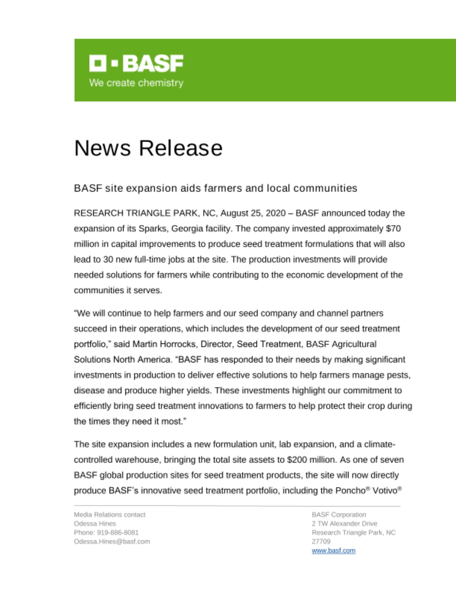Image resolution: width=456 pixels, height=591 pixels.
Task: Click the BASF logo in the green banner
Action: (x=136, y=63)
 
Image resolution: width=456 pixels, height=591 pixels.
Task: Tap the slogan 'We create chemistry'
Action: (x=136, y=83)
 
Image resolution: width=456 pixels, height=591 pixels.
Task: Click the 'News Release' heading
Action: (x=148, y=148)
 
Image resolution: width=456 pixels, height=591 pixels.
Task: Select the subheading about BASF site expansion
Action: (x=215, y=188)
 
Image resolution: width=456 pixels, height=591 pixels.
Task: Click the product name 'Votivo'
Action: (x=385, y=491)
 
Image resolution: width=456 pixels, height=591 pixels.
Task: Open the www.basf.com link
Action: (x=334, y=551)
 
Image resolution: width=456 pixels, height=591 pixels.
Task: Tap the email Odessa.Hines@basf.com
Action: (x=112, y=541)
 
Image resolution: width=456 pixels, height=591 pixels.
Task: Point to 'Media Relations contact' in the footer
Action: (x=109, y=514)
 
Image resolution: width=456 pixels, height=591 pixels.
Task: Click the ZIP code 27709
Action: (x=321, y=541)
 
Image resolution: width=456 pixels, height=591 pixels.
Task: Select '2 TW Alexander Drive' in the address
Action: (x=344, y=523)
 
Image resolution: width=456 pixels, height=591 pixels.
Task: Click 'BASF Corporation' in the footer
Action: (x=339, y=514)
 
